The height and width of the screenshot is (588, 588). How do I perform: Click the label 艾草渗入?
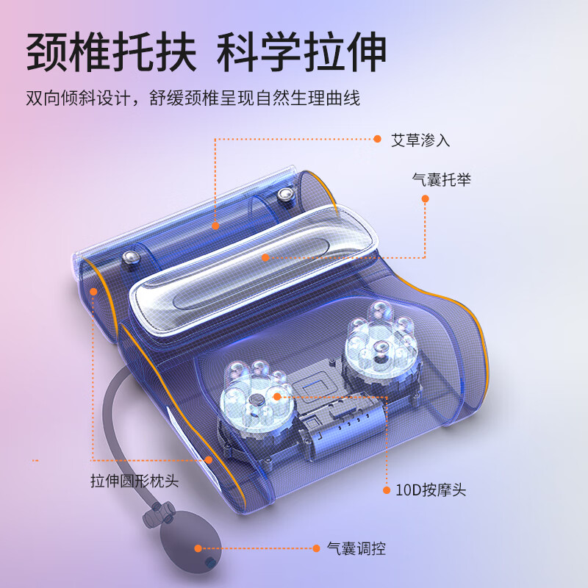click(x=420, y=140)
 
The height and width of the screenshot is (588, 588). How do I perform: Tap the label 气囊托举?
click(x=442, y=179)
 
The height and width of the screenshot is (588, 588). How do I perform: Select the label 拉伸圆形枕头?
click(x=135, y=481)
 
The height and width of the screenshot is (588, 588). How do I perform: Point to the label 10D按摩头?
click(x=431, y=490)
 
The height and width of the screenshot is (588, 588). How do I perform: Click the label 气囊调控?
click(x=356, y=548)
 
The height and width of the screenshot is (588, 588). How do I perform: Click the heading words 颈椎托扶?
click(x=112, y=51)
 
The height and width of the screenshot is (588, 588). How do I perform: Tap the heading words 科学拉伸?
click(x=301, y=51)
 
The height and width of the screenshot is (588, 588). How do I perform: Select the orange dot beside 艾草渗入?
click(x=377, y=139)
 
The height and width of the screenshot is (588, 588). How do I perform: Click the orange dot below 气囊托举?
click(x=425, y=198)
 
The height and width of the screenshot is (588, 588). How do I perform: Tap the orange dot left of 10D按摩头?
click(x=387, y=490)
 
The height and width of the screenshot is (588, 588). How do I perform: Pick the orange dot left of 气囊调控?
click(x=316, y=548)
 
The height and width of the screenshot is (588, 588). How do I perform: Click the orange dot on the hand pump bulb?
click(x=198, y=548)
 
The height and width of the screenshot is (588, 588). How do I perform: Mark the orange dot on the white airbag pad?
click(x=265, y=258)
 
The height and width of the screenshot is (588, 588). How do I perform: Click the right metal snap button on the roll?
click(x=286, y=195)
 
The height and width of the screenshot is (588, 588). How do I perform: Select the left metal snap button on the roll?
click(x=131, y=258)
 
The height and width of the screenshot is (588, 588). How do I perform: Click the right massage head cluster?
click(x=381, y=341)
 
